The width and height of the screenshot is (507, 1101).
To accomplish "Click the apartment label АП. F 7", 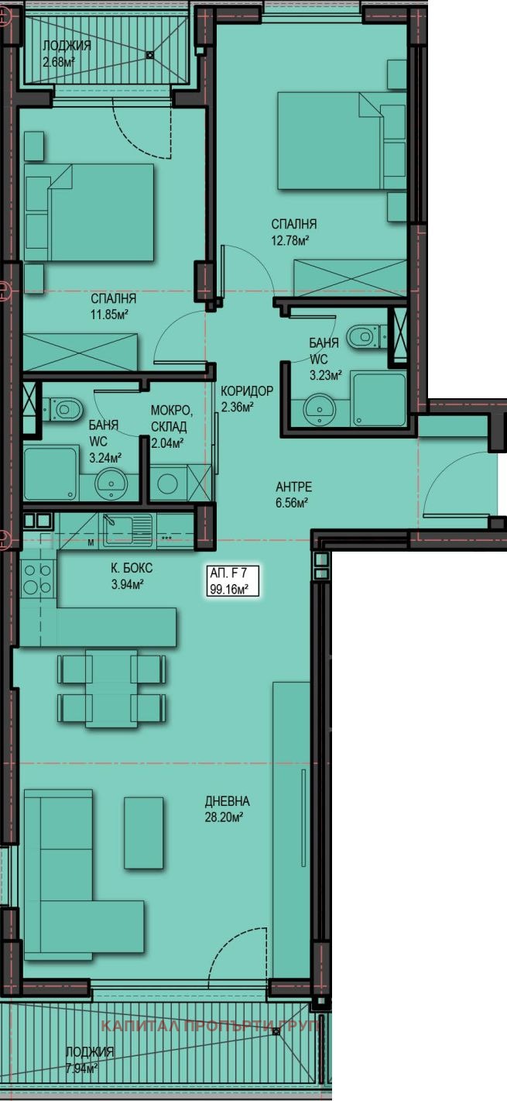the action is [228, 573].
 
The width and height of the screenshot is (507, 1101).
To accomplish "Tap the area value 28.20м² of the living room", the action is [224, 817].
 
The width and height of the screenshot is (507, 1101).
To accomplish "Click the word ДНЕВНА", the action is [228, 801].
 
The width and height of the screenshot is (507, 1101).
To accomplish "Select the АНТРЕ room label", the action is [294, 487].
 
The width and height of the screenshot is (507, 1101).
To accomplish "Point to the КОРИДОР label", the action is [247, 391].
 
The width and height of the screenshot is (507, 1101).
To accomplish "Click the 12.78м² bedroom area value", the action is [290, 240].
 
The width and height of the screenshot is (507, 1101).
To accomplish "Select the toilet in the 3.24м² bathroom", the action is [63, 409].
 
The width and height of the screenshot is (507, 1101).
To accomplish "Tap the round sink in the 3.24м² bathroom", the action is [111, 483].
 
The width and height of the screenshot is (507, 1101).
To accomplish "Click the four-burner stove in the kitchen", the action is [38, 579].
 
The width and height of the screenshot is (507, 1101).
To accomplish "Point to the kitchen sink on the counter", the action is [125, 529].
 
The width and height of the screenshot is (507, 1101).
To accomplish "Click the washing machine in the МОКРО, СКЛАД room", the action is [167, 483].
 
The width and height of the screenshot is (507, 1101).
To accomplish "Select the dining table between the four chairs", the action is [111, 687].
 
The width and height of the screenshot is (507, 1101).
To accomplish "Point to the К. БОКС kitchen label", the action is [132, 568].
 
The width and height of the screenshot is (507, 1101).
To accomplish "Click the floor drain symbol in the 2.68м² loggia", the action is [150, 56].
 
